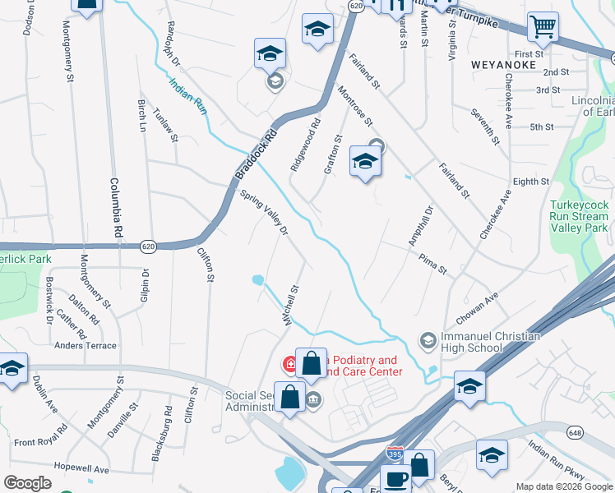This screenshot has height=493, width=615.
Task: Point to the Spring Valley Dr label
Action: pyautogui.click(x=265, y=214)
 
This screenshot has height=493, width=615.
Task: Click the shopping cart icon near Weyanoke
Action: pyautogui.click(x=543, y=27)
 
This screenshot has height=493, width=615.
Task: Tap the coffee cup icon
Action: pyautogui.click(x=395, y=480)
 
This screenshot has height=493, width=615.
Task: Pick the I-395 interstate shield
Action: pyautogui.click(x=395, y=453)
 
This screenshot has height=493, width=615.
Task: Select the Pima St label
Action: pyautogui.click(x=432, y=265)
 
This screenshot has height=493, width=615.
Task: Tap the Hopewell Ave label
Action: pyautogui.click(x=79, y=469)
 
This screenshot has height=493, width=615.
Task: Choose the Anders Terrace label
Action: pyautogui.click(x=86, y=346)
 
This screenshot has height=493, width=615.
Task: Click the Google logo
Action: pyautogui.click(x=28, y=483)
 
